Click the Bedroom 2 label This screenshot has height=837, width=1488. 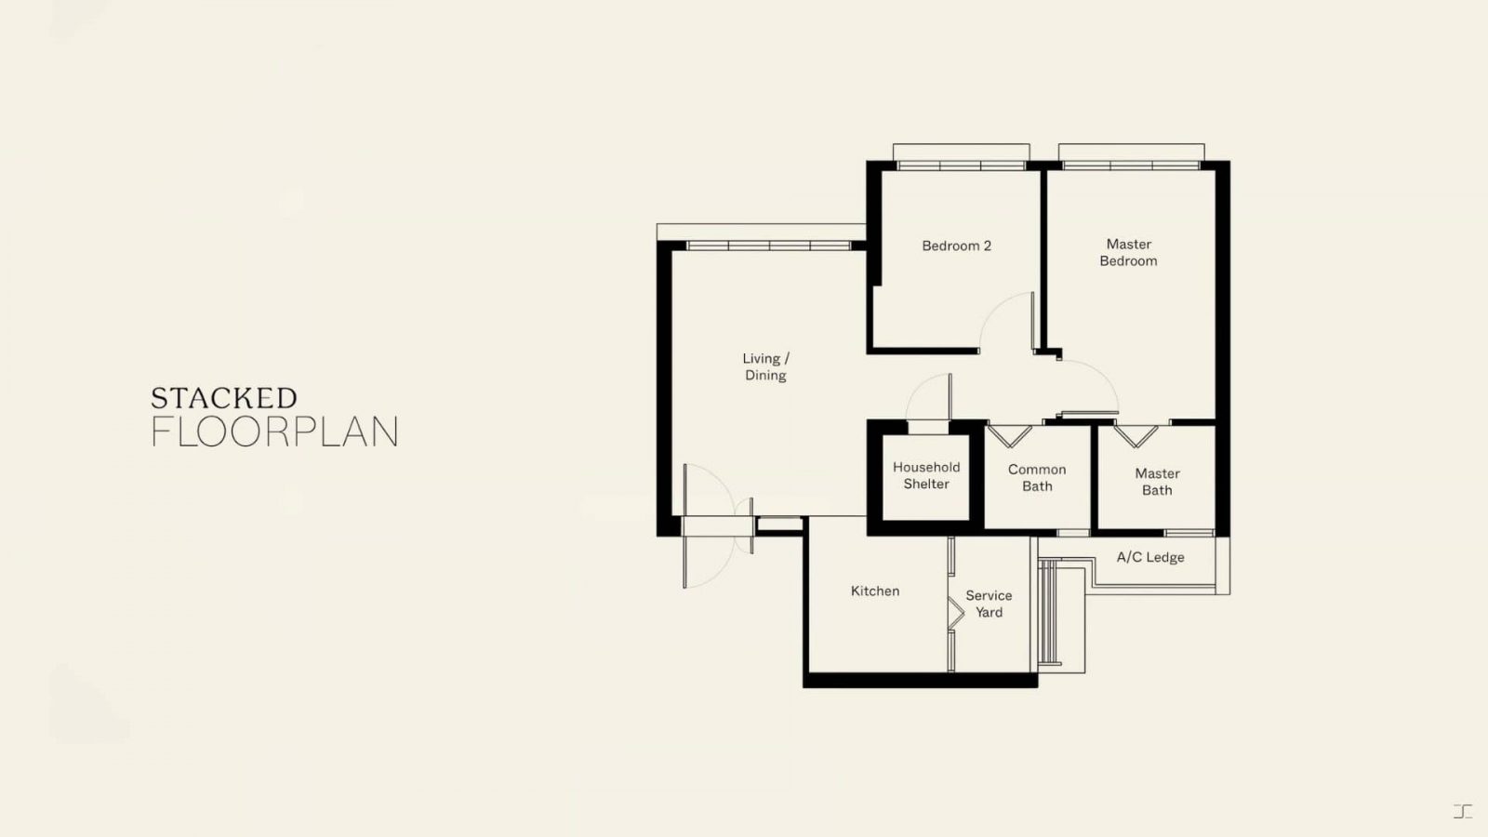pyautogui.click(x=957, y=246)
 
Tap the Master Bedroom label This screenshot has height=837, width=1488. pyautogui.click(x=1129, y=252)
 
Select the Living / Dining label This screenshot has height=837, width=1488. pyautogui.click(x=766, y=366)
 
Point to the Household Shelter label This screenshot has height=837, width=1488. pyautogui.click(x=926, y=475)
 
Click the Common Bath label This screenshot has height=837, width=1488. pyautogui.click(x=1037, y=478)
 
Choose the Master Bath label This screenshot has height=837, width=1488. pyautogui.click(x=1157, y=482)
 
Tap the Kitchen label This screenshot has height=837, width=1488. pyautogui.click(x=875, y=591)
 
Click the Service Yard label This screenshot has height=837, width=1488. pyautogui.click(x=990, y=604)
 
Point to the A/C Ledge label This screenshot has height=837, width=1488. pyautogui.click(x=1150, y=557)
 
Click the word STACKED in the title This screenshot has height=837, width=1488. pyautogui.click(x=224, y=398)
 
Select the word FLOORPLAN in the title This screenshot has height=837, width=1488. pyautogui.click(x=274, y=432)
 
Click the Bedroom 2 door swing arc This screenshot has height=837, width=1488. pyautogui.click(x=996, y=312)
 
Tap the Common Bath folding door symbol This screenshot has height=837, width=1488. pyautogui.click(x=1010, y=436)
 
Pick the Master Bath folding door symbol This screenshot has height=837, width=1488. pyautogui.click(x=1136, y=436)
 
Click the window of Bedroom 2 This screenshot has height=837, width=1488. pyautogui.click(x=962, y=166)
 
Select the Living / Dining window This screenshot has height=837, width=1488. pyautogui.click(x=768, y=246)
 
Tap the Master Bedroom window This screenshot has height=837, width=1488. pyautogui.click(x=1131, y=166)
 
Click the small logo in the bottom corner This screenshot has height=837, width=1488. pyautogui.click(x=1463, y=811)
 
